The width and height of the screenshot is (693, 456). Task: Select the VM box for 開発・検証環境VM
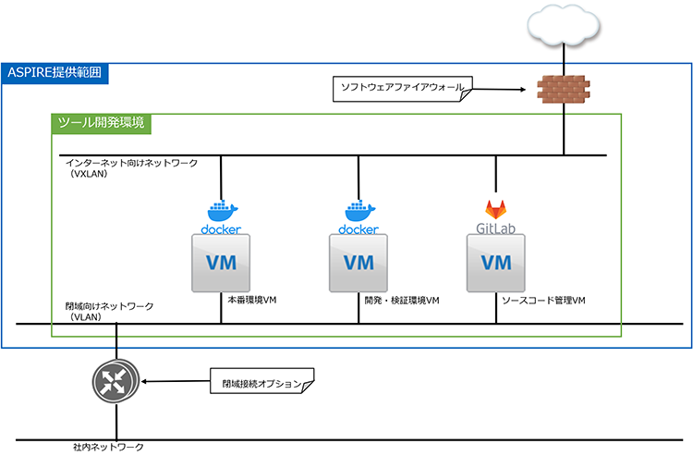coord(359,262)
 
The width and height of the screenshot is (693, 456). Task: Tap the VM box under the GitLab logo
coord(496,262)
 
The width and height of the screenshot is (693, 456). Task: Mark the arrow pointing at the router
coord(175,381)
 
